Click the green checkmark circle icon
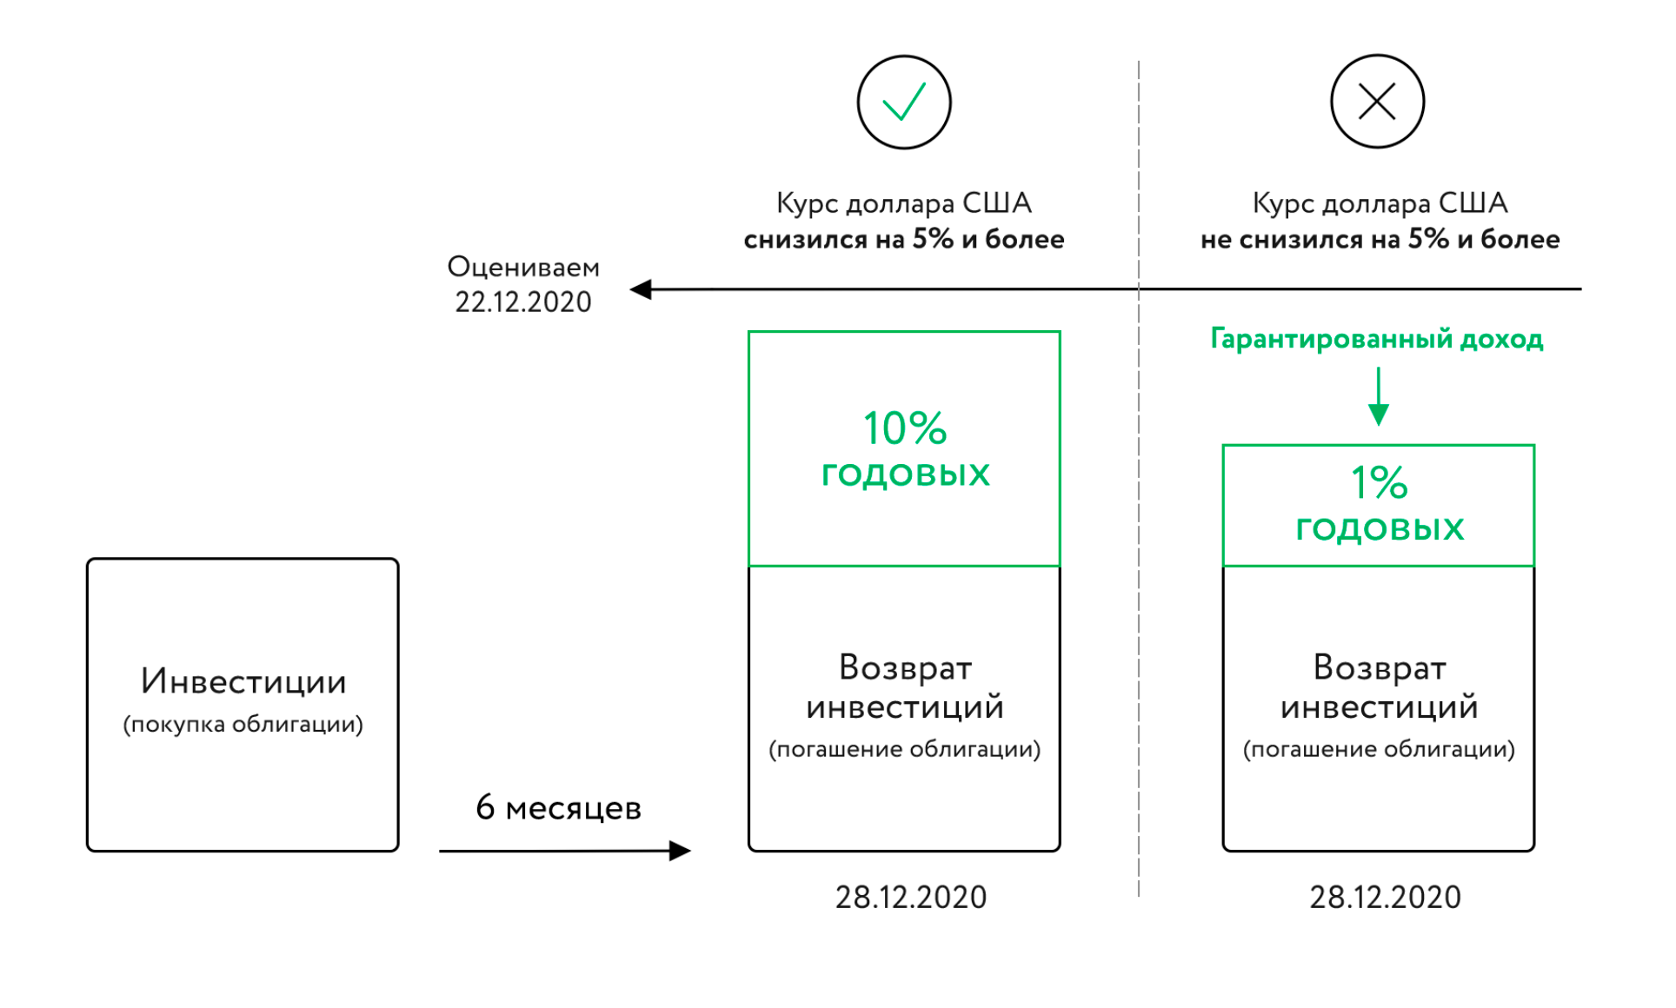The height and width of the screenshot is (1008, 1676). coord(903,103)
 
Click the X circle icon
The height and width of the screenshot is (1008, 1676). coord(1377,102)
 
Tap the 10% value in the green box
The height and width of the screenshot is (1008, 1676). coord(904,428)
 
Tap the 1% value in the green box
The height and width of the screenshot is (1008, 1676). coord(1379,482)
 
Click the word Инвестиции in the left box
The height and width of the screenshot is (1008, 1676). coord(243,682)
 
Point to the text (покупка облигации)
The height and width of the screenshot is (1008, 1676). coord(243,724)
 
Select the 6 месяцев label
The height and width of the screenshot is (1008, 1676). coord(558,808)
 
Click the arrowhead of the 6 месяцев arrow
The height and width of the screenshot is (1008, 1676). coord(681,851)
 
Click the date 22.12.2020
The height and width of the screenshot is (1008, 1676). coord(522,302)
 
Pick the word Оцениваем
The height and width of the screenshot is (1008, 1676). coord(522,267)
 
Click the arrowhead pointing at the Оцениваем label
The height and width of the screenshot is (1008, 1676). coord(642,289)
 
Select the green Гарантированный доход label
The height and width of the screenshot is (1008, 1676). coord(1377,339)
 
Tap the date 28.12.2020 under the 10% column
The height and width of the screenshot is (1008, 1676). coord(911,897)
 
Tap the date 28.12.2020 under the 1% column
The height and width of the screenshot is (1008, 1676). coord(1385,897)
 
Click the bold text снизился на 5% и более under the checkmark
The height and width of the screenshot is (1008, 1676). coord(904,239)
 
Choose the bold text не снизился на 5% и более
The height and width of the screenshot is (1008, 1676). coord(1380,239)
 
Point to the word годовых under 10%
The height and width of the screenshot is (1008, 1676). coord(905,474)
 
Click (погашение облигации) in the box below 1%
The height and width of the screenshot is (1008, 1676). coord(1379,749)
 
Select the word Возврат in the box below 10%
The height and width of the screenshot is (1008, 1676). coord(905,667)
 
